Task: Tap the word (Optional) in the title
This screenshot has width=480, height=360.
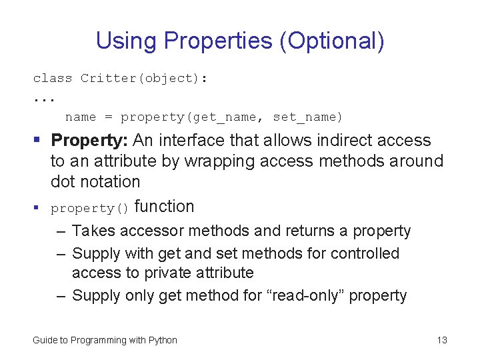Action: click(x=332, y=41)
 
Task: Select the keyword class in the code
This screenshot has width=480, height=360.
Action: click(x=53, y=79)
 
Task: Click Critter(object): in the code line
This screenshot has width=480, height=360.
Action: click(x=144, y=79)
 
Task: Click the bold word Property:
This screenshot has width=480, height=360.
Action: click(x=89, y=141)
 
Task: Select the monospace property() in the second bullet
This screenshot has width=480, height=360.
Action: click(x=90, y=208)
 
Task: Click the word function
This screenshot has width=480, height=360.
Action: click(x=164, y=207)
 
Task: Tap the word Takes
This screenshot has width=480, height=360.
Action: click(x=92, y=231)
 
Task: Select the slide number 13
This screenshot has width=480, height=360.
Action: click(x=442, y=341)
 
